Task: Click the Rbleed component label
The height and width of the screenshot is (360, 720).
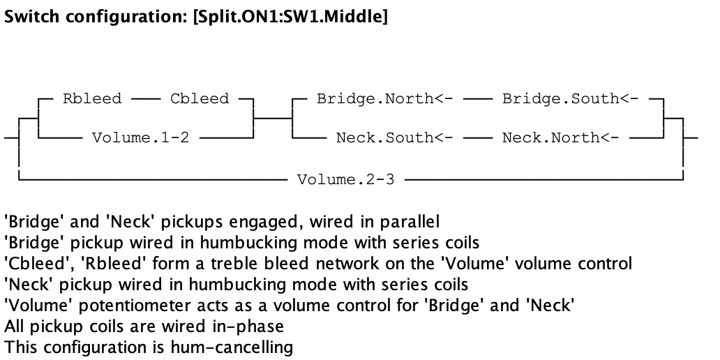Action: click(91, 98)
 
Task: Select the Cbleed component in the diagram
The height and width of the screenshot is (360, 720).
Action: click(200, 98)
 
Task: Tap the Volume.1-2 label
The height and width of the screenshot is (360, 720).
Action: click(140, 137)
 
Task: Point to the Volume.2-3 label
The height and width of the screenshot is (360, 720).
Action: click(345, 179)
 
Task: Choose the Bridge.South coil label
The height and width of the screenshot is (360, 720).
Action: click(570, 98)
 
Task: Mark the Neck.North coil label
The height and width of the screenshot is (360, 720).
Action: click(560, 137)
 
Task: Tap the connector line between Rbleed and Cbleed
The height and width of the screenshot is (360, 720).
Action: click(145, 98)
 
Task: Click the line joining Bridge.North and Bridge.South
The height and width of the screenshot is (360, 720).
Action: click(477, 98)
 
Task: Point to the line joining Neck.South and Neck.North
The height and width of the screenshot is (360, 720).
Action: click(477, 137)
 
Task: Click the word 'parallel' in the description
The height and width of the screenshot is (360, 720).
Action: click(414, 223)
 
